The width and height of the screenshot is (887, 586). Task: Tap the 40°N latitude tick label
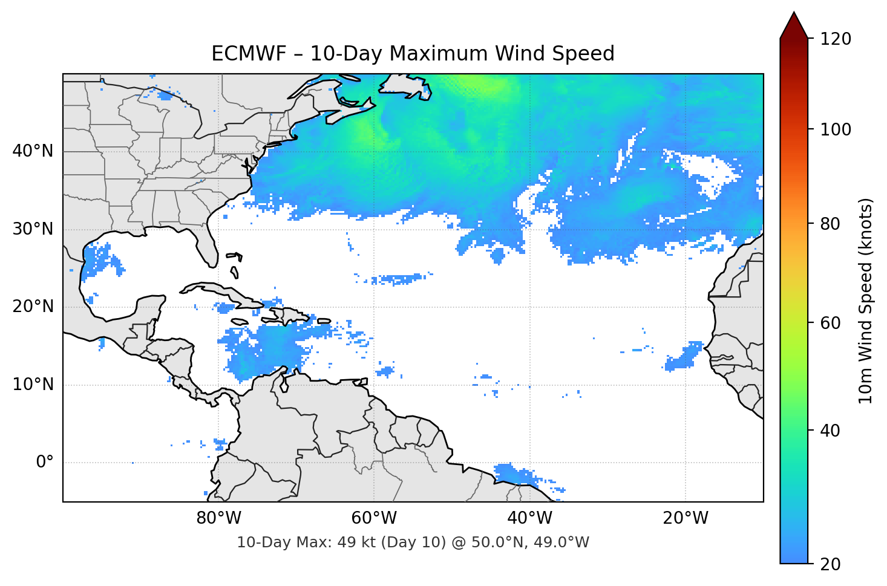[33, 151]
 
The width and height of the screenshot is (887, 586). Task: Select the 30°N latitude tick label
[33, 229]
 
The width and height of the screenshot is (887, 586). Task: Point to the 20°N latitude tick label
[33, 307]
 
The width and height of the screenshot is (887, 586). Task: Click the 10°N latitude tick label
[33, 385]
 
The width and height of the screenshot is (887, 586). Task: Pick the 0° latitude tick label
[45, 463]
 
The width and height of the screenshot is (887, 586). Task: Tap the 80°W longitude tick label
[218, 518]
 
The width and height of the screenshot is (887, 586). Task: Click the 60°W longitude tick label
[374, 518]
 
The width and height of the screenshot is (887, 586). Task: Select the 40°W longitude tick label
[529, 518]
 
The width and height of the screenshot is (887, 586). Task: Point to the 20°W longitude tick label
[686, 518]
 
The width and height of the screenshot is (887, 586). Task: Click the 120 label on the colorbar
[836, 39]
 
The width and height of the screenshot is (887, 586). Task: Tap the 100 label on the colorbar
[836, 129]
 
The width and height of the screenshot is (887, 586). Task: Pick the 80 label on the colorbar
[830, 224]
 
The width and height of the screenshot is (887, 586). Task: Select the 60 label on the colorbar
[830, 323]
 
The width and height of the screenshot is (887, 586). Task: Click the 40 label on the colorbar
[830, 431]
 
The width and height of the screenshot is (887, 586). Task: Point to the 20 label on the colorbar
[830, 564]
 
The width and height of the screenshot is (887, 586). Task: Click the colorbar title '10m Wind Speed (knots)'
[866, 301]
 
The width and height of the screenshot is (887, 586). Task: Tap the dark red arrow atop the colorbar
[794, 25]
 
